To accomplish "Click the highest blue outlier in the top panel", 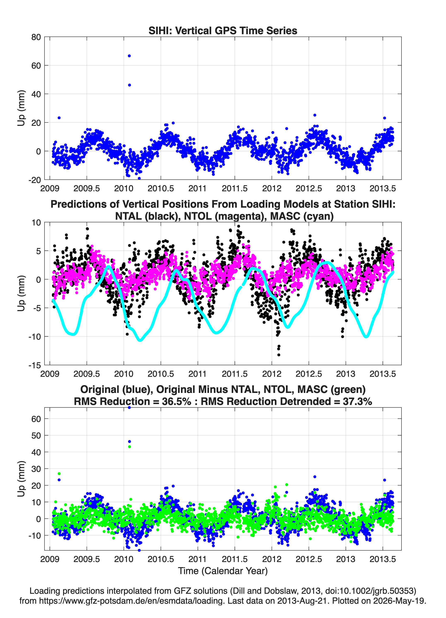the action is point(129,56).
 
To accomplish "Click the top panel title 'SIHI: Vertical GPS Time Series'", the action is point(223,30).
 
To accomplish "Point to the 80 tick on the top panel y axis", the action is point(36,37).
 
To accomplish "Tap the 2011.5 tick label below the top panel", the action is point(235,188).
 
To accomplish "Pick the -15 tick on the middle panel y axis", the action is point(35,365).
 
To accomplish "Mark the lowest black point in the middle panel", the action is point(278,355).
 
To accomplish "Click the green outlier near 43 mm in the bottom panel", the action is point(129,447).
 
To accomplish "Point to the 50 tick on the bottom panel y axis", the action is point(36,435).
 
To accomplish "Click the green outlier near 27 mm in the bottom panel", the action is point(59,474).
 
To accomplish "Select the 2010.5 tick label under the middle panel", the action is point(161,374).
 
